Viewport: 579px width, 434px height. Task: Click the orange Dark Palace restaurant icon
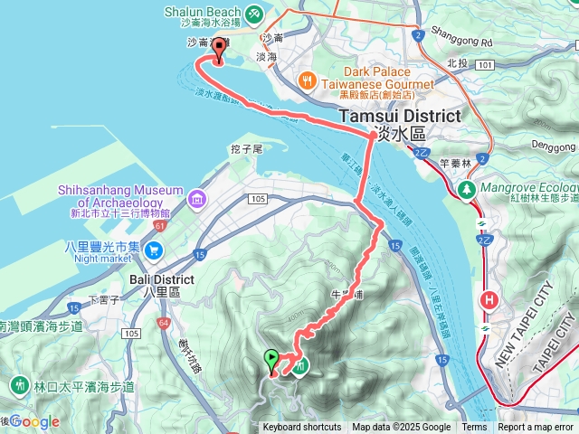308,80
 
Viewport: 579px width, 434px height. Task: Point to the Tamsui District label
399,116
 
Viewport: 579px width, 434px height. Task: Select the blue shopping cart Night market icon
156,250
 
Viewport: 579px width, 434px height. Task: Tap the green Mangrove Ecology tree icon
467,190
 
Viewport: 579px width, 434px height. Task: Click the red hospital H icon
490,299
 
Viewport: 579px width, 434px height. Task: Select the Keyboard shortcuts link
302,428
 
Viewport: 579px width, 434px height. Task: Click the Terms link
474,428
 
